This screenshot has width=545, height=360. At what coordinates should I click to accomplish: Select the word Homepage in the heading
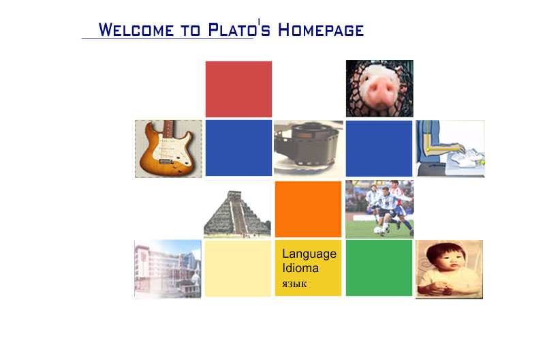tap(321, 30)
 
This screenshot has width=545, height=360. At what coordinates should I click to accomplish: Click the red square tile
tap(238, 89)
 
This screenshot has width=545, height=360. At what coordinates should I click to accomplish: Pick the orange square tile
tap(308, 209)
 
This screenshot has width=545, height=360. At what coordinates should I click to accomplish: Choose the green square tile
tap(379, 267)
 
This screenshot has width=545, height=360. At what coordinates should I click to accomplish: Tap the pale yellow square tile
tap(238, 268)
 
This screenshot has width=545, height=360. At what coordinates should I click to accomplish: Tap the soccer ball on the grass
tap(378, 231)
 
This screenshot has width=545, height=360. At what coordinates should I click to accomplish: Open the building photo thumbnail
tap(168, 269)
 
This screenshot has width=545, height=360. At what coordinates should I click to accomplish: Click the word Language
tap(309, 254)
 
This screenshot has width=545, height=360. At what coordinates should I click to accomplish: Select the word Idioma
tap(300, 268)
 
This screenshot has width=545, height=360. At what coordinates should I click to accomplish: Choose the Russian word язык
tap(294, 283)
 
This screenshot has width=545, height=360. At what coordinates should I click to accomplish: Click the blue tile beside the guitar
tap(238, 148)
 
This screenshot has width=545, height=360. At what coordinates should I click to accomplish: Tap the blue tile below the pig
tap(379, 148)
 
